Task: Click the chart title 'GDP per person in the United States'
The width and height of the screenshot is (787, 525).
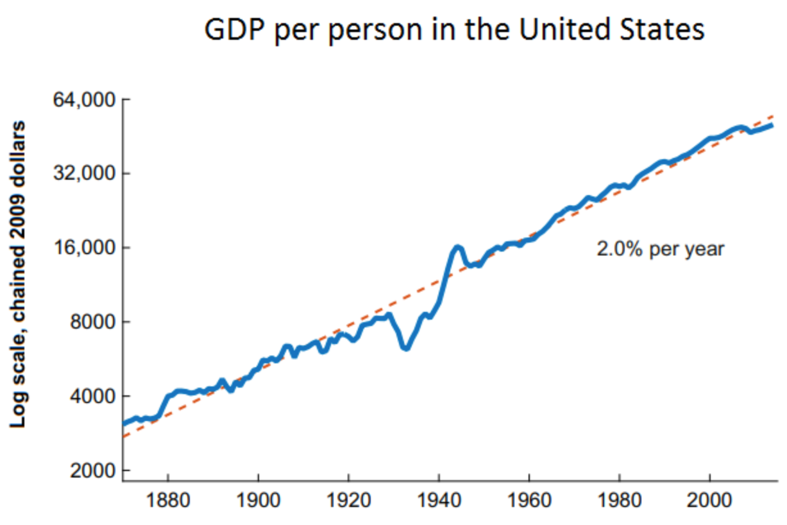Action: [454, 30]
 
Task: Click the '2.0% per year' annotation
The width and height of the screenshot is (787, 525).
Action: [660, 249]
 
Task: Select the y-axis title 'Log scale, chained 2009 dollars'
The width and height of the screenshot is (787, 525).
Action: [20, 274]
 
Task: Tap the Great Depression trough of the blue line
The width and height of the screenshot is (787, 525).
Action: [405, 347]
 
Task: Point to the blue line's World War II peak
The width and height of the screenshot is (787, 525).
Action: [457, 246]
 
